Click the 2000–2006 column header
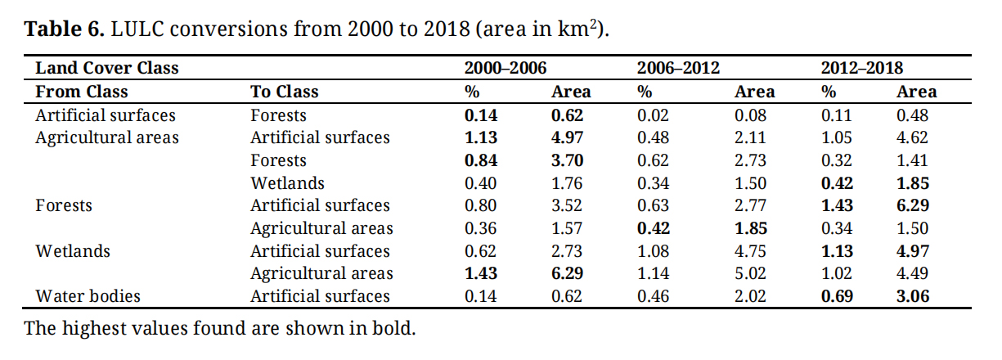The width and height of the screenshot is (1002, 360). tap(505, 69)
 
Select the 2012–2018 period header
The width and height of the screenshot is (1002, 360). tap(862, 69)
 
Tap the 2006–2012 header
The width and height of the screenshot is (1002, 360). tap(678, 69)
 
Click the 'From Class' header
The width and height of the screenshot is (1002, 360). tap(82, 92)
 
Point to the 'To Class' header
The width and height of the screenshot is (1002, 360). tap(284, 92)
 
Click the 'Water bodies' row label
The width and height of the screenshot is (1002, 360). tap(88, 296)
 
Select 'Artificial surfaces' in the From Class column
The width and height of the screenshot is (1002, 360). tap(106, 115)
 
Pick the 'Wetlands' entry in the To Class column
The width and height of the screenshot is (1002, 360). tap(287, 183)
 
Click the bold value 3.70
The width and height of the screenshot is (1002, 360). tap(567, 160)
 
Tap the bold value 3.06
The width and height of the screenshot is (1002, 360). tap(913, 296)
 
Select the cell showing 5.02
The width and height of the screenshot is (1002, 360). tap(751, 273)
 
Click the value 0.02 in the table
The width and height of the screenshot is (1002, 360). tap(653, 115)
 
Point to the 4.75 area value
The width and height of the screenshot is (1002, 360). tap(751, 251)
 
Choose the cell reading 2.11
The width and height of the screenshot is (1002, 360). tap(751, 137)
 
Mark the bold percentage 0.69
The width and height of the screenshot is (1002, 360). tap(837, 296)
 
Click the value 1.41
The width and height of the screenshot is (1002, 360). tap(912, 160)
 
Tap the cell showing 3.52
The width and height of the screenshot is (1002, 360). tap(567, 205)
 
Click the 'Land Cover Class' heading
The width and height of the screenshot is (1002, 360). tap(107, 69)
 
